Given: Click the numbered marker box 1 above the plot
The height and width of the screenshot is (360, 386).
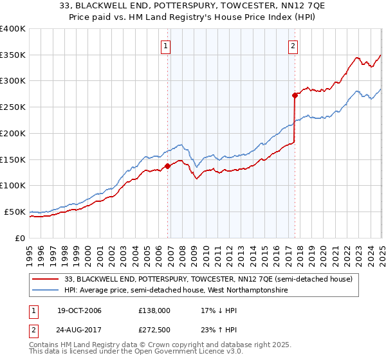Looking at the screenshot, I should point(166,46).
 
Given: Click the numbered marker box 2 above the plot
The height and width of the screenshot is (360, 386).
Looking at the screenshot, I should point(293,46).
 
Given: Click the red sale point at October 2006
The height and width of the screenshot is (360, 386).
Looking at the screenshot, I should point(168,166).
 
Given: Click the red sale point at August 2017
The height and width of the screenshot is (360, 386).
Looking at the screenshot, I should point(295,96).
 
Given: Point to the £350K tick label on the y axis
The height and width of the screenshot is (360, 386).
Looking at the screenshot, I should point(13,55).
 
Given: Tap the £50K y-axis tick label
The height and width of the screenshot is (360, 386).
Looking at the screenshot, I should point(15,212).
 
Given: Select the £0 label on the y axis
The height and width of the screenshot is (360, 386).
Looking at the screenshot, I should point(20,238).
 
